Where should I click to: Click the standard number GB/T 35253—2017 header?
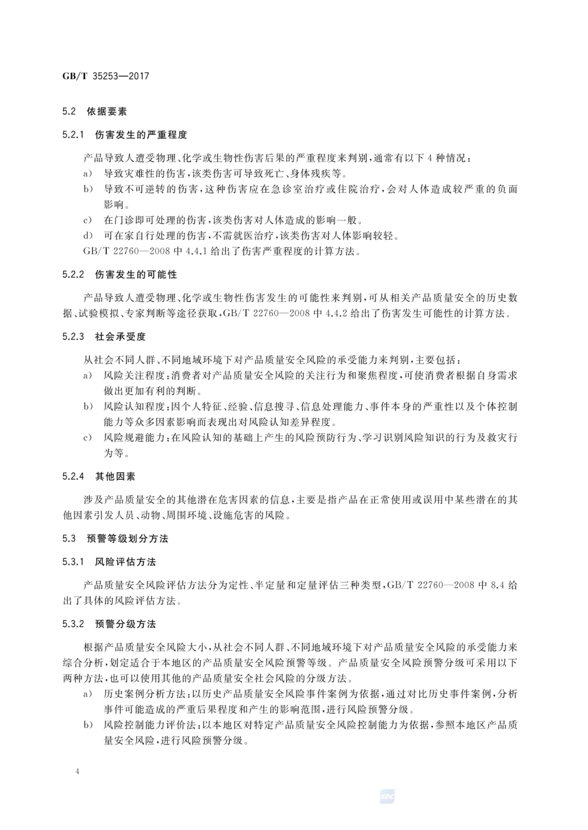(x=106, y=76)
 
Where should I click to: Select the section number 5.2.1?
(x=73, y=135)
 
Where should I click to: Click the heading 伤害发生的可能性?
(x=136, y=275)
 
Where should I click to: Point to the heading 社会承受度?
(x=120, y=337)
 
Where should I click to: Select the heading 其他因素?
(x=115, y=476)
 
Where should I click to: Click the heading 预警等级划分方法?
(x=128, y=539)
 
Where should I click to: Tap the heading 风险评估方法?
(x=125, y=562)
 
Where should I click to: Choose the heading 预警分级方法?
(x=125, y=624)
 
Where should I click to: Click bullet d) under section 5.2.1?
(x=88, y=236)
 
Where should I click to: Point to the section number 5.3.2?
(x=73, y=624)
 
